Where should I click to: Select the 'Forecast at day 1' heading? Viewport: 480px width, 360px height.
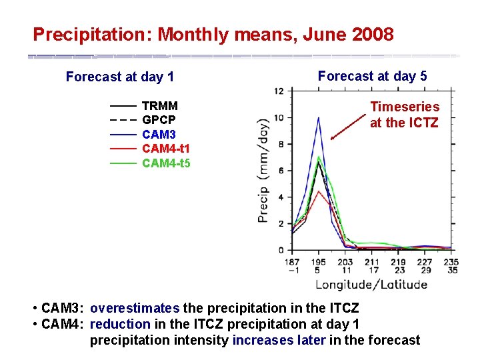[120, 77]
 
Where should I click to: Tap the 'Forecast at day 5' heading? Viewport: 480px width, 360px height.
[372, 76]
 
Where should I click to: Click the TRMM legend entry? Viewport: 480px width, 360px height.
[159, 106]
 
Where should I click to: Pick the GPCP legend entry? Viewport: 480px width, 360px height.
[159, 120]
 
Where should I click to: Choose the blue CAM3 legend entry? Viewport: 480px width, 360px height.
[159, 135]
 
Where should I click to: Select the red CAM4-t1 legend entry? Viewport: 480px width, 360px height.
[165, 149]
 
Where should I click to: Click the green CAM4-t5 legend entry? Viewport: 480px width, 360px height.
[165, 163]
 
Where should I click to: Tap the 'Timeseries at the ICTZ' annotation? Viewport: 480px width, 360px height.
[405, 115]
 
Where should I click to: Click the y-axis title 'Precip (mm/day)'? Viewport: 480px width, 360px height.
[265, 171]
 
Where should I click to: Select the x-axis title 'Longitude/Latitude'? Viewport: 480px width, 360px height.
[371, 285]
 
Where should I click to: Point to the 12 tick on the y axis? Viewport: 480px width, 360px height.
[279, 91]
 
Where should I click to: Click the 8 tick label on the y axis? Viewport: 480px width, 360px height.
[281, 144]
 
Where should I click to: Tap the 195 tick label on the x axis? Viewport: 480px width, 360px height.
[319, 263]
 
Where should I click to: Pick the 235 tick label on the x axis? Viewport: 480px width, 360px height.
[451, 263]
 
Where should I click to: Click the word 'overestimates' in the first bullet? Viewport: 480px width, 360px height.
[135, 308]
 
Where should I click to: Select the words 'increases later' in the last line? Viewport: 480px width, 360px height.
[279, 340]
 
